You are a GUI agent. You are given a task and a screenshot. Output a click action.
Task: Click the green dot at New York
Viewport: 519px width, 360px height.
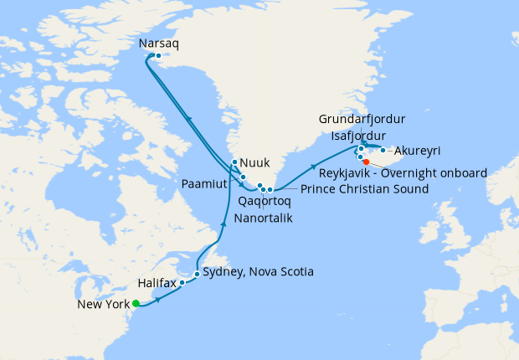[136, 304]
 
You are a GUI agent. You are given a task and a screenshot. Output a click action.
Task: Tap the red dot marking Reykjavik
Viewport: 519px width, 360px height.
[366, 162]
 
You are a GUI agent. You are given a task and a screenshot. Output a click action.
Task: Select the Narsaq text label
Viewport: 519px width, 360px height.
[156, 43]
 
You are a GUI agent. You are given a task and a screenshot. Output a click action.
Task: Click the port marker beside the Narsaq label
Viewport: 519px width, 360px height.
[158, 56]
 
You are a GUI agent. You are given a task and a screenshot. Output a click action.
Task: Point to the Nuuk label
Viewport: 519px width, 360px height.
[254, 163]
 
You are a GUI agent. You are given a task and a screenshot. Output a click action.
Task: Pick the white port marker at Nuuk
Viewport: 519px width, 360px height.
[234, 163]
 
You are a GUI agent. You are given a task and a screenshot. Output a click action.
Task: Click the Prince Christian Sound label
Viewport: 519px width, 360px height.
[364, 189]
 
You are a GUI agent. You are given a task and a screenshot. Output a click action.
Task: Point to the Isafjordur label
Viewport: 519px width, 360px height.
[358, 136]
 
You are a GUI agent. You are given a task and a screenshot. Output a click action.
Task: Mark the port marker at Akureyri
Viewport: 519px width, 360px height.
[383, 151]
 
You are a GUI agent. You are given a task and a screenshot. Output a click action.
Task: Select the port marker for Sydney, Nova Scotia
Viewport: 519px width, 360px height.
[197, 274]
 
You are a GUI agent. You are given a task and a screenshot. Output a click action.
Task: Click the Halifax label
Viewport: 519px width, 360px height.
[157, 284]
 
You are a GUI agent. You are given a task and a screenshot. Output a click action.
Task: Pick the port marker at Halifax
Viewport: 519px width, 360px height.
[182, 284]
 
